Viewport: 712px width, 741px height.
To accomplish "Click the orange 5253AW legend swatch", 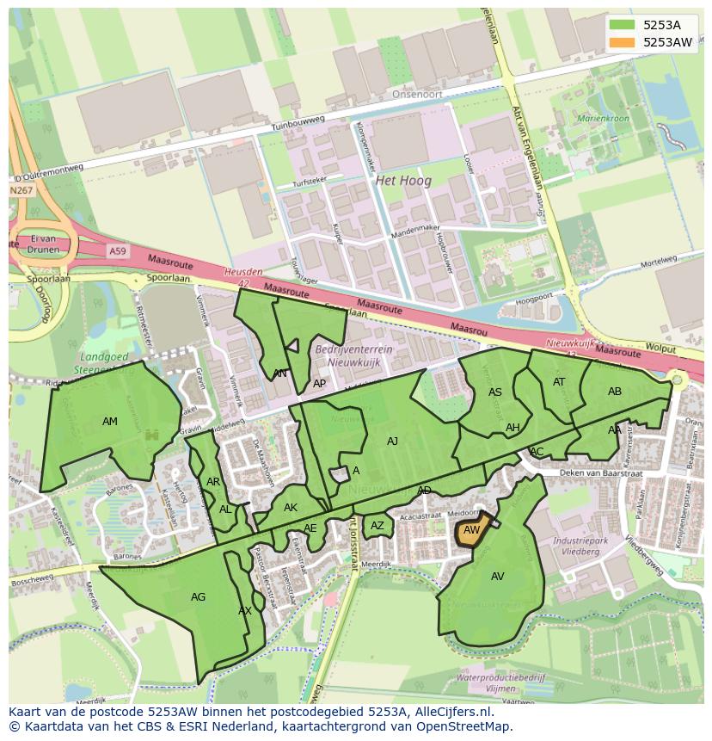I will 623,42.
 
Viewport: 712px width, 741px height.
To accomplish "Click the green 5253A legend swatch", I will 623,25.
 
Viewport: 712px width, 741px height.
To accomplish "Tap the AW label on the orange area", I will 471,531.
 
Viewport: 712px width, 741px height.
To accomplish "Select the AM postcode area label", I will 110,422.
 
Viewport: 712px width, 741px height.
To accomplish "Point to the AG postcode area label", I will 198,596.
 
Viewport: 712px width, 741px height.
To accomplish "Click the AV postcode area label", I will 498,577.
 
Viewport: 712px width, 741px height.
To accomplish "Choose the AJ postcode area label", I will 392,442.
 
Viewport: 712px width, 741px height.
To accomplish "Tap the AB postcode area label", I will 615,392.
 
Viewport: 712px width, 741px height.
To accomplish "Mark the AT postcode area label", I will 559,382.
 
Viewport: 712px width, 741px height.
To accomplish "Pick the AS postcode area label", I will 495,392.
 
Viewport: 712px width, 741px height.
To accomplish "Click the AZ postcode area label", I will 377,526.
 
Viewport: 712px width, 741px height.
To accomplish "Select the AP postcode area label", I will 319,384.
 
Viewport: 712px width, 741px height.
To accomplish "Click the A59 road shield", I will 117,250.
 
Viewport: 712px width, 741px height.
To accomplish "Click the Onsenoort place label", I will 414,96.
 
